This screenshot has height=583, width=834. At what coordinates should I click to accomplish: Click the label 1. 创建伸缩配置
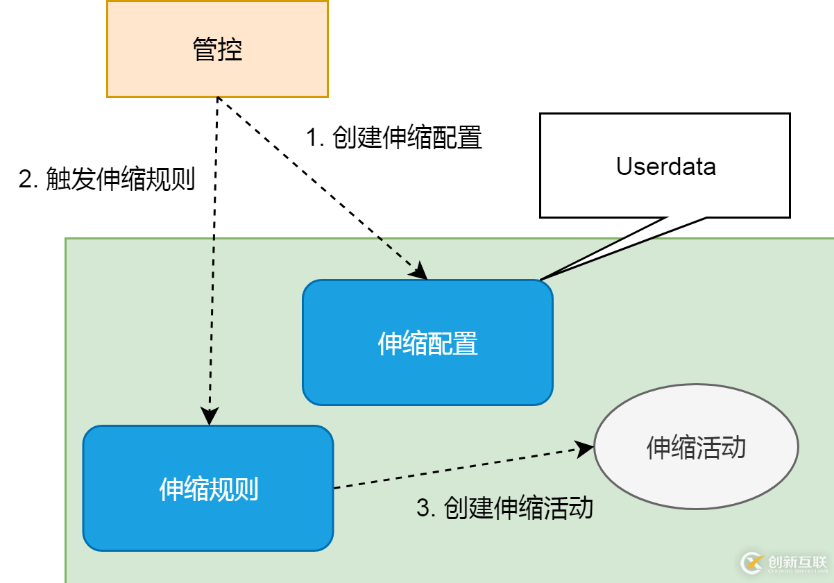pyautogui.click(x=394, y=138)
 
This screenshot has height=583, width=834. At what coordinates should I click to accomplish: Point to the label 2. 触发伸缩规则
pyautogui.click(x=106, y=180)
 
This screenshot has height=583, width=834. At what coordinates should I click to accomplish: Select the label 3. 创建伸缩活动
pyautogui.click(x=504, y=508)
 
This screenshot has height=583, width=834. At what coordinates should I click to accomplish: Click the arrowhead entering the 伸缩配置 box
pyautogui.click(x=419, y=273)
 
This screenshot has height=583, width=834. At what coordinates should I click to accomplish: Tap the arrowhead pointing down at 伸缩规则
pyautogui.click(x=209, y=416)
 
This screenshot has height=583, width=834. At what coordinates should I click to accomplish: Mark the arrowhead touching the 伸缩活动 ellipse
pyautogui.click(x=586, y=449)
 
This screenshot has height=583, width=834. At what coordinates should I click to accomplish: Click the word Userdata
pyautogui.click(x=665, y=166)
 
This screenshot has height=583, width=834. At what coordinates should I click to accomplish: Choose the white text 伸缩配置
pyautogui.click(x=427, y=344)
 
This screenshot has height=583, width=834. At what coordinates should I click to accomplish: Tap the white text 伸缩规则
pyautogui.click(x=208, y=489)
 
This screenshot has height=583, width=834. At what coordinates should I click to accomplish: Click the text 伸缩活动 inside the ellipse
pyautogui.click(x=696, y=448)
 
